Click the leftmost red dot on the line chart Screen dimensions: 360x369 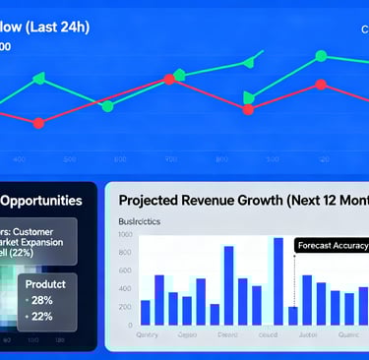(38, 123)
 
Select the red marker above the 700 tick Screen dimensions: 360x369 (169, 80)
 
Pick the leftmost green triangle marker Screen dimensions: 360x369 (38, 79)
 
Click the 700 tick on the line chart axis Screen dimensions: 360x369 (171, 158)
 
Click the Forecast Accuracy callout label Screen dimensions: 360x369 (333, 246)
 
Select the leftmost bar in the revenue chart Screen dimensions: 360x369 (146, 312)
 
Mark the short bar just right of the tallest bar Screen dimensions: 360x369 (292, 315)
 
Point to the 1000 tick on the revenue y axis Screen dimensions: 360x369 (125, 235)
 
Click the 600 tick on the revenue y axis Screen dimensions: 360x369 (126, 270)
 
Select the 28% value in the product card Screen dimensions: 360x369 (41, 299)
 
